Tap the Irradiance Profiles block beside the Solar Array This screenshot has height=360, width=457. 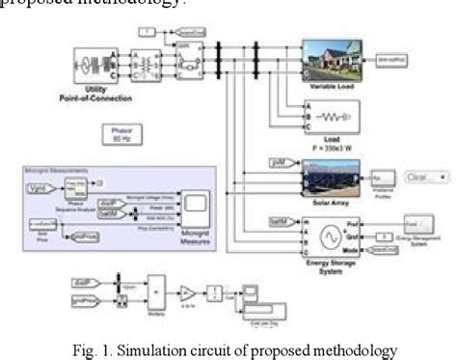tap(382, 179)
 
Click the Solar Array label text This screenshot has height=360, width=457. tap(332, 202)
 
